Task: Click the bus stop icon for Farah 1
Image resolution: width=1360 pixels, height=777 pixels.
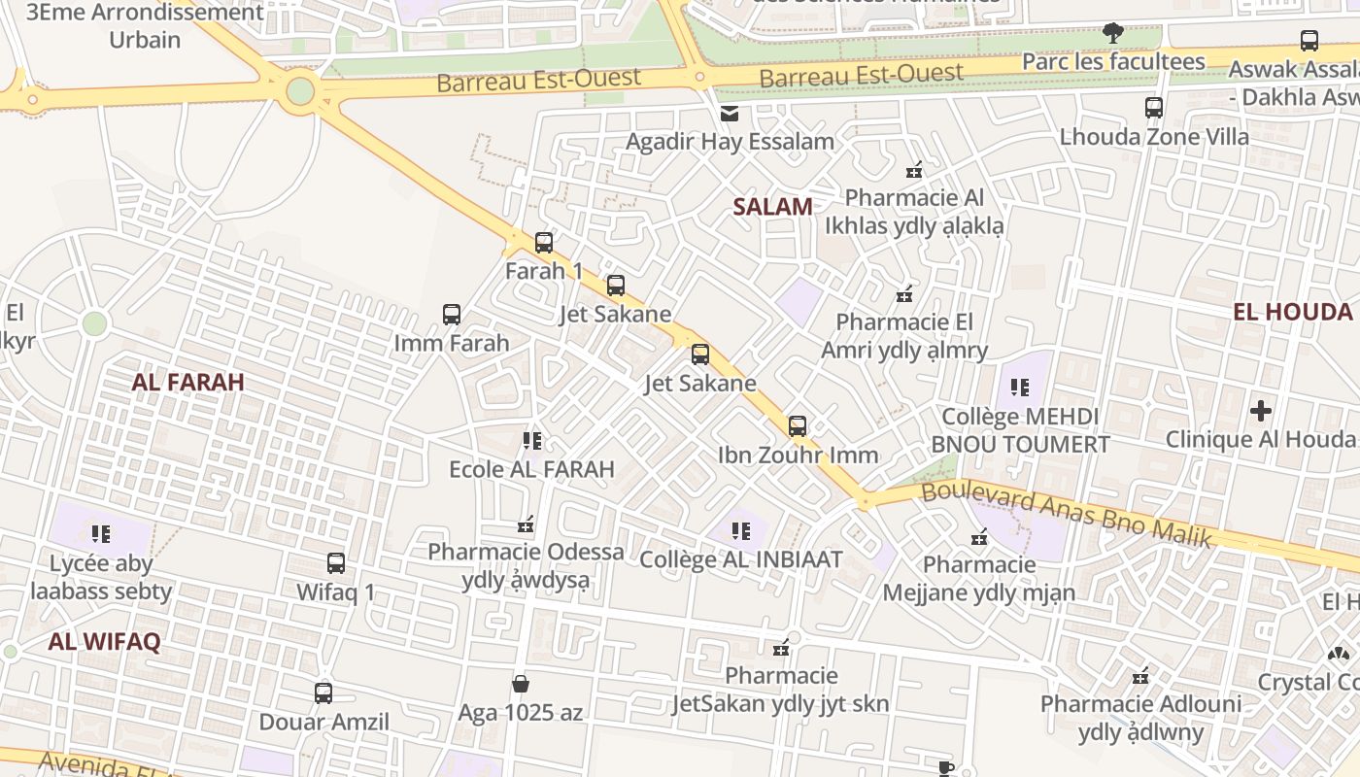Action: click(x=544, y=243)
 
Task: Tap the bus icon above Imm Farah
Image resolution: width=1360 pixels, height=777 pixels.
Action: click(x=452, y=315)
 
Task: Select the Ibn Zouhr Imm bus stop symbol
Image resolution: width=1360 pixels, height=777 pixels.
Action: click(x=798, y=426)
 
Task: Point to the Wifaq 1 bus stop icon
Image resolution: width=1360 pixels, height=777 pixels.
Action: click(x=336, y=563)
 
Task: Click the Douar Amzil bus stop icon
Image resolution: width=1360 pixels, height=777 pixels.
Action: click(x=323, y=693)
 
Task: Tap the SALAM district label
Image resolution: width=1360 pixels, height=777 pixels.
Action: click(x=772, y=206)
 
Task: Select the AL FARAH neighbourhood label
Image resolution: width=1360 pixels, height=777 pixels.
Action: click(x=187, y=382)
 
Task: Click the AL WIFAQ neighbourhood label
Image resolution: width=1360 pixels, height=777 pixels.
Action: click(x=104, y=641)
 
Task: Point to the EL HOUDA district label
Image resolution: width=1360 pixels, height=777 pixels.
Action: click(x=1292, y=312)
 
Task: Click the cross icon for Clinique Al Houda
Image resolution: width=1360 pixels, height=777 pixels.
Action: click(x=1261, y=411)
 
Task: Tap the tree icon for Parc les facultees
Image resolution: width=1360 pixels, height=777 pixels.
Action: click(x=1113, y=34)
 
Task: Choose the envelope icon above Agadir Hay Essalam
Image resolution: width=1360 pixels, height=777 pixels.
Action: click(x=730, y=115)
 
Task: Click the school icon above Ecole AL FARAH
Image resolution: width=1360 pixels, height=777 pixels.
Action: click(x=531, y=441)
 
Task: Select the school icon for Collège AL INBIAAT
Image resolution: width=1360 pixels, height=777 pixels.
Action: click(x=741, y=531)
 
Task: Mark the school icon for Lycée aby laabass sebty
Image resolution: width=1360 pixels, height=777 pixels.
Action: click(x=101, y=534)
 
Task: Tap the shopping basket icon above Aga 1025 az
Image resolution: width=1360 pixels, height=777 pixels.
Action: click(x=521, y=684)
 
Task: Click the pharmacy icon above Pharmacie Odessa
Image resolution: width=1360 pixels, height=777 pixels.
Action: click(x=527, y=524)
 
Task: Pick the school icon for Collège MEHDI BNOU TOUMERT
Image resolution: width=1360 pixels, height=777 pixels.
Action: click(x=1019, y=388)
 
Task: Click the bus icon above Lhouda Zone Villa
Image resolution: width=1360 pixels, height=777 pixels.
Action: click(x=1154, y=108)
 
